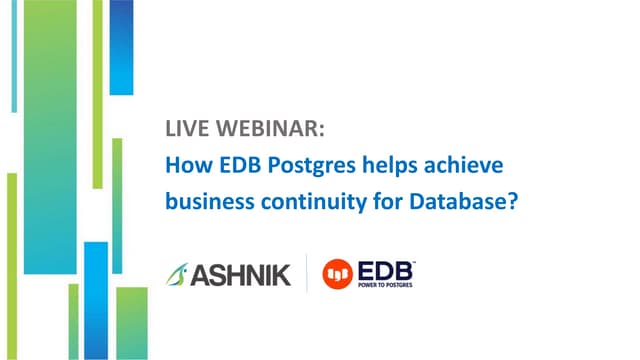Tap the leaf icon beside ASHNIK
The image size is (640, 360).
point(176,272)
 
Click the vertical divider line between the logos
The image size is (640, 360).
point(305,273)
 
